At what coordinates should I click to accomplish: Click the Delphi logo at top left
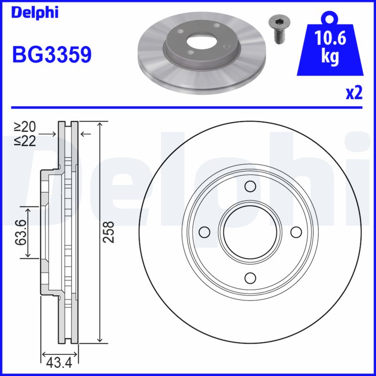(x=35, y=12)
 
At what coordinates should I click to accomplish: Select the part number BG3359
(x=51, y=55)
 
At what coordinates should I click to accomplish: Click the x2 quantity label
(x=354, y=93)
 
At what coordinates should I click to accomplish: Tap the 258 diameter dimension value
(x=109, y=232)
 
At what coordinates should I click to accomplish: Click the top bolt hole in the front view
(x=251, y=187)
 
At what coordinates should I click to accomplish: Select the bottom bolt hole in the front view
(x=251, y=277)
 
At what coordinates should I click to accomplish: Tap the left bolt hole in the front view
(x=204, y=232)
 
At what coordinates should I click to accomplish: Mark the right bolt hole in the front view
(x=296, y=232)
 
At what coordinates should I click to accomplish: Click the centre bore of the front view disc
(x=251, y=232)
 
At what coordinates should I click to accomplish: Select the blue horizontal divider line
(x=188, y=107)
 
